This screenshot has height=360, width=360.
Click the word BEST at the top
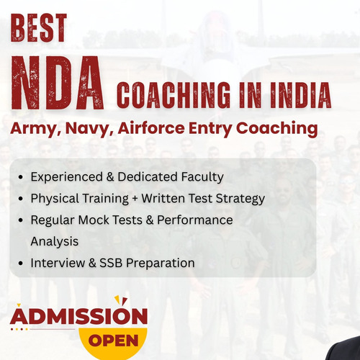point(40,28)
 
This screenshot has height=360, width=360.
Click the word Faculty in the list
point(200,176)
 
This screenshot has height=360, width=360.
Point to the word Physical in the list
point(54,198)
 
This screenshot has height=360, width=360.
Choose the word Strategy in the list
point(241,198)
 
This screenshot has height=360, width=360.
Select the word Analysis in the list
point(55,241)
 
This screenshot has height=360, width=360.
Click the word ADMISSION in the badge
point(78,316)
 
